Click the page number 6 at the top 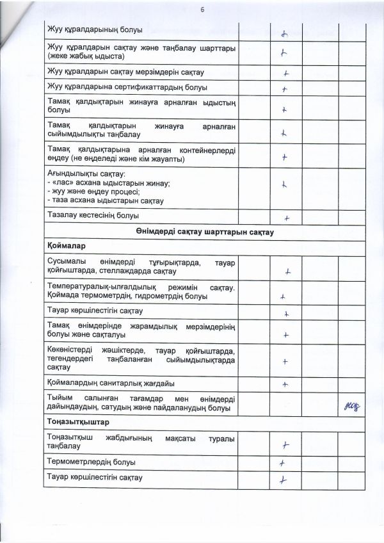pyautogui.click(x=200, y=10)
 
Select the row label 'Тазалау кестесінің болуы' pyautogui.click(x=93, y=216)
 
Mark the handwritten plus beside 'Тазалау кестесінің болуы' pyautogui.click(x=287, y=218)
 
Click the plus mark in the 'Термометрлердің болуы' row pyautogui.click(x=281, y=463)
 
